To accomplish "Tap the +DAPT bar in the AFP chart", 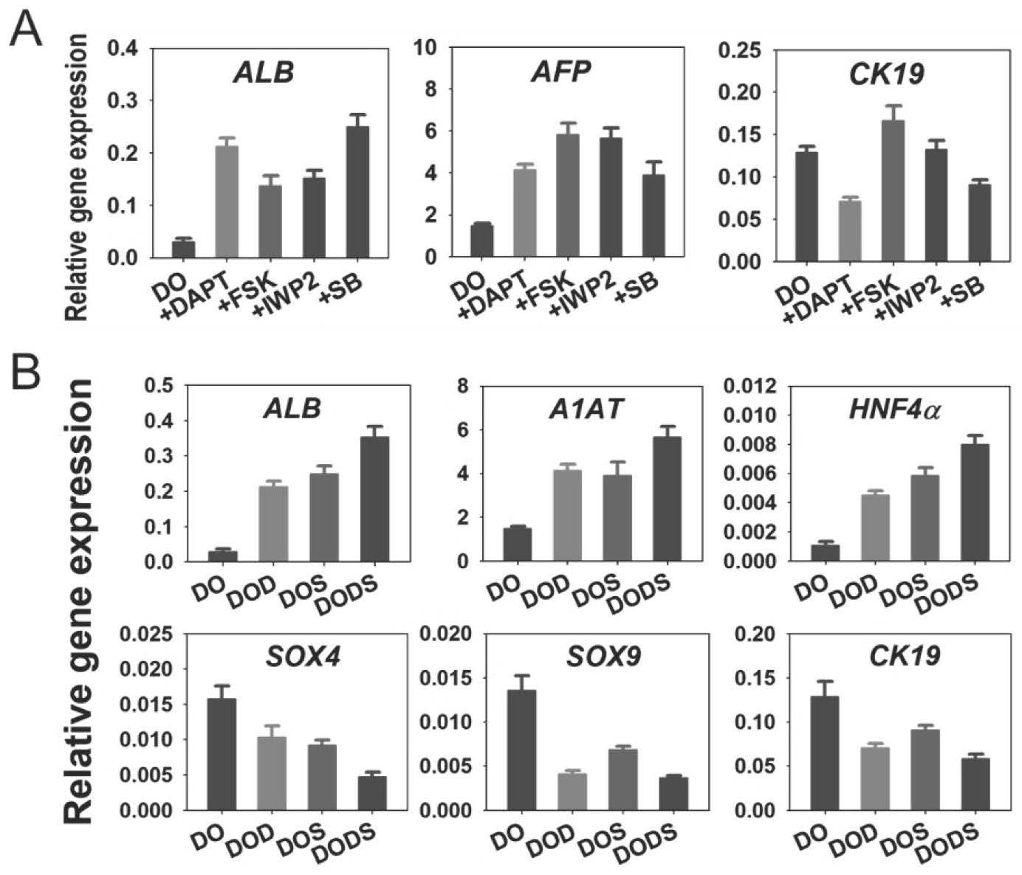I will coord(525,213).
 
